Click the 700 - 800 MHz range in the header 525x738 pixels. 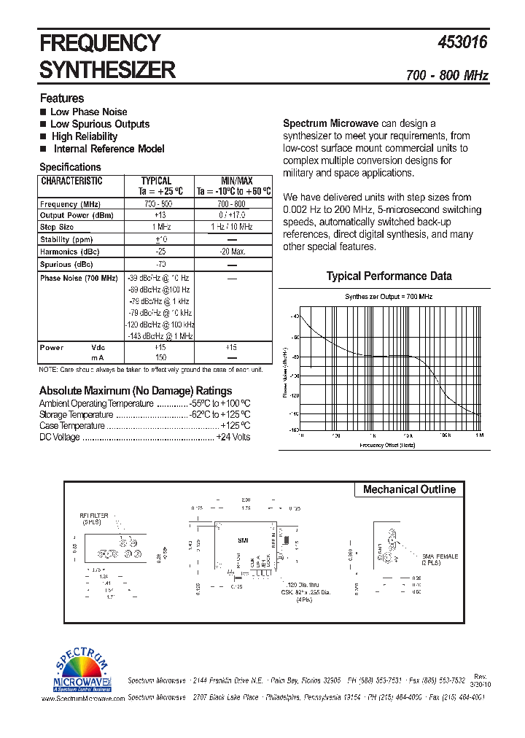point(447,76)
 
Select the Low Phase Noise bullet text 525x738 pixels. point(88,112)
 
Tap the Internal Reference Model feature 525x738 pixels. point(109,149)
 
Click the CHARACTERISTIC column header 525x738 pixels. point(71,181)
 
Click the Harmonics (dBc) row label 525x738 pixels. point(70,252)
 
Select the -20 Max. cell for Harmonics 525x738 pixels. point(233,252)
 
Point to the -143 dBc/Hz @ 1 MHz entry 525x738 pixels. point(160,335)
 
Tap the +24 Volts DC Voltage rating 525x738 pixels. point(233,437)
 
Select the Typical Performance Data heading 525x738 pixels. point(389,276)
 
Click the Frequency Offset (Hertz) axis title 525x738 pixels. point(387,444)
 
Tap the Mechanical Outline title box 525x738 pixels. point(409,489)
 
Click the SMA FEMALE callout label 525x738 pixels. point(438,556)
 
